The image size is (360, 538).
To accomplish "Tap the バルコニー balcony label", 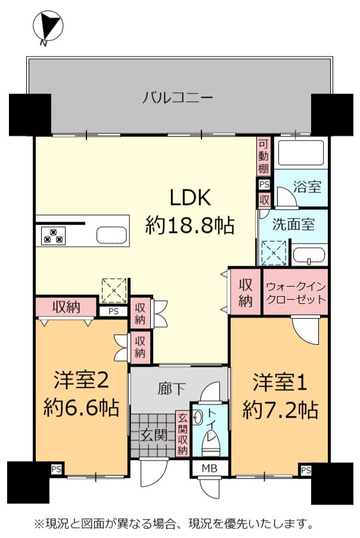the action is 178,98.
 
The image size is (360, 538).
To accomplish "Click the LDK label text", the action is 190,197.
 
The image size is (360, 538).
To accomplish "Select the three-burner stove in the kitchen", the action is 53,235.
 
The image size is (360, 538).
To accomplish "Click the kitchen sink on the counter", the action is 111,235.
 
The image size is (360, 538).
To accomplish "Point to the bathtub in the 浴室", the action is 302,153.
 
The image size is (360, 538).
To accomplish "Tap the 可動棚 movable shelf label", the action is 263,156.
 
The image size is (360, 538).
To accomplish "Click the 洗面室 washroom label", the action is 293,225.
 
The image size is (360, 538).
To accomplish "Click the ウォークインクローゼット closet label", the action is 296,292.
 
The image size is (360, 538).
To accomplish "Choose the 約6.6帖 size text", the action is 81,408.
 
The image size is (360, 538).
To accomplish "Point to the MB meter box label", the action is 209,468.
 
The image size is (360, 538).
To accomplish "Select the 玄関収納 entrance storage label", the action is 182,434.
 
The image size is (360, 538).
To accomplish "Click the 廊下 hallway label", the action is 172,388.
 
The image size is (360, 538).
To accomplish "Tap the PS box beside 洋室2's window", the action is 56,469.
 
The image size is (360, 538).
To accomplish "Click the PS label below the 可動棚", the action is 264,185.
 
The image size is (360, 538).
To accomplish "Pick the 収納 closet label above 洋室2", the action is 66,306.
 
